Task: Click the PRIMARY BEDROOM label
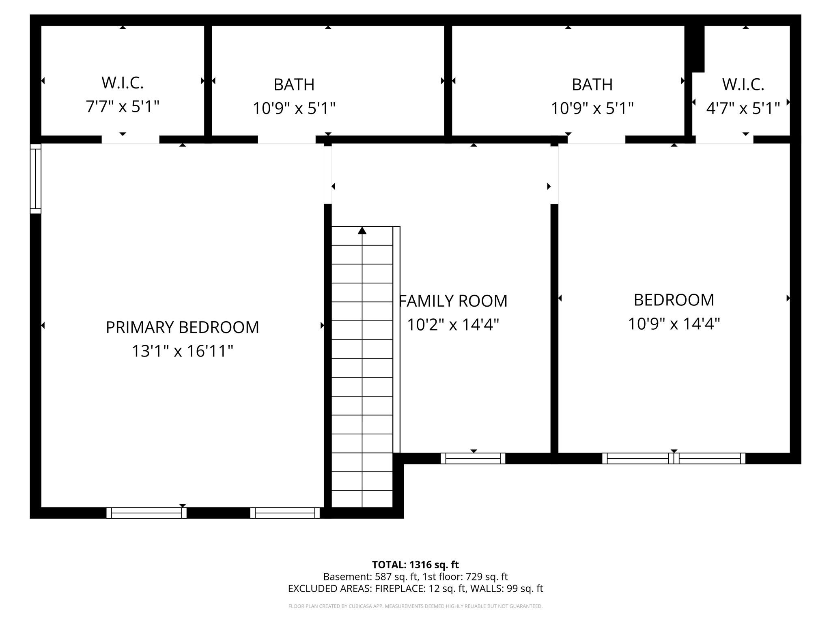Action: (182, 327)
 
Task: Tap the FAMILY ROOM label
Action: (453, 301)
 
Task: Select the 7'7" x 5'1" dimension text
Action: (123, 107)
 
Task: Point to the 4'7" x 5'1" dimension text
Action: (743, 108)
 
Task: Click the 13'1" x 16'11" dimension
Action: (182, 351)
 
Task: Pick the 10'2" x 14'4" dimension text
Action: (453, 324)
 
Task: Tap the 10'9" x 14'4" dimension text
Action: (674, 324)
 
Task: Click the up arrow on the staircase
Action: (362, 231)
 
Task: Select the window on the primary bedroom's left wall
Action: (36, 178)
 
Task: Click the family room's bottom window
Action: (473, 458)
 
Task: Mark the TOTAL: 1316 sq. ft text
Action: (415, 565)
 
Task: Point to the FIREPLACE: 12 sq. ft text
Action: (421, 589)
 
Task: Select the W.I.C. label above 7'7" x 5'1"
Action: (123, 83)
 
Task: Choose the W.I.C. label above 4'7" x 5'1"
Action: (743, 84)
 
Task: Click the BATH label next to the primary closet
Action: (294, 84)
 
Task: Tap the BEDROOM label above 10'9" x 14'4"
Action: (674, 300)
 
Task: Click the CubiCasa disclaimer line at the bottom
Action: (415, 606)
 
